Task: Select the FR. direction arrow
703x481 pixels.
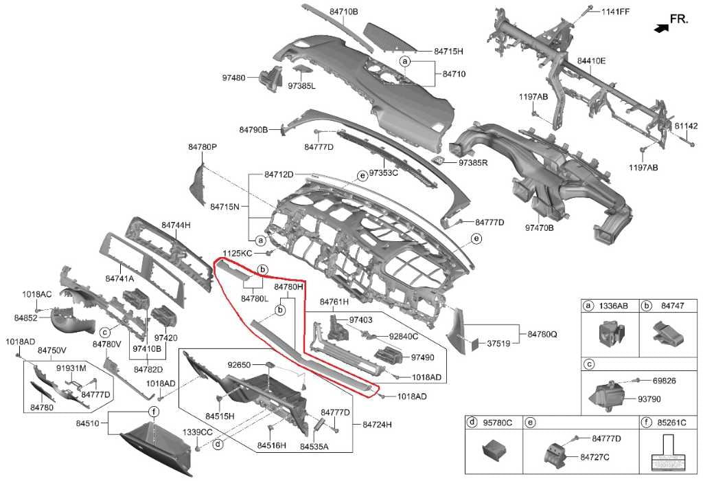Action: click(x=661, y=28)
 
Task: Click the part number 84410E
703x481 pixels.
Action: click(x=591, y=61)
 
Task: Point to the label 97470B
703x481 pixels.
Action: click(x=540, y=227)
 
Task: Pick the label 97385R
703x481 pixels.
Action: click(x=473, y=163)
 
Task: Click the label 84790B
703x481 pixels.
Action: click(x=253, y=129)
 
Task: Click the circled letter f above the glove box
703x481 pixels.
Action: click(x=154, y=412)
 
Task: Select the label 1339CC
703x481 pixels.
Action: click(x=197, y=432)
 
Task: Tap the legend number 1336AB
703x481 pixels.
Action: click(x=614, y=306)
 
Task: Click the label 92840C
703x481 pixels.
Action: click(x=404, y=337)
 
